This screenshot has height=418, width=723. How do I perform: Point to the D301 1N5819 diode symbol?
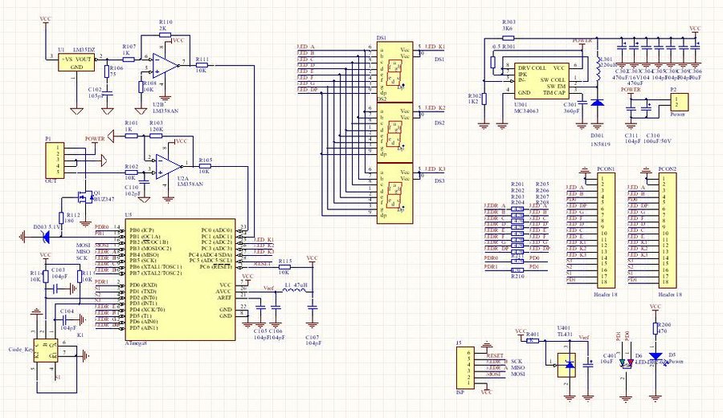pyautogui.click(x=597, y=103)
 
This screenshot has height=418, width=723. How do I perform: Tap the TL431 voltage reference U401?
pyautogui.click(x=568, y=364)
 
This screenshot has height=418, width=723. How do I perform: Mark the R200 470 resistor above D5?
pyautogui.click(x=656, y=329)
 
